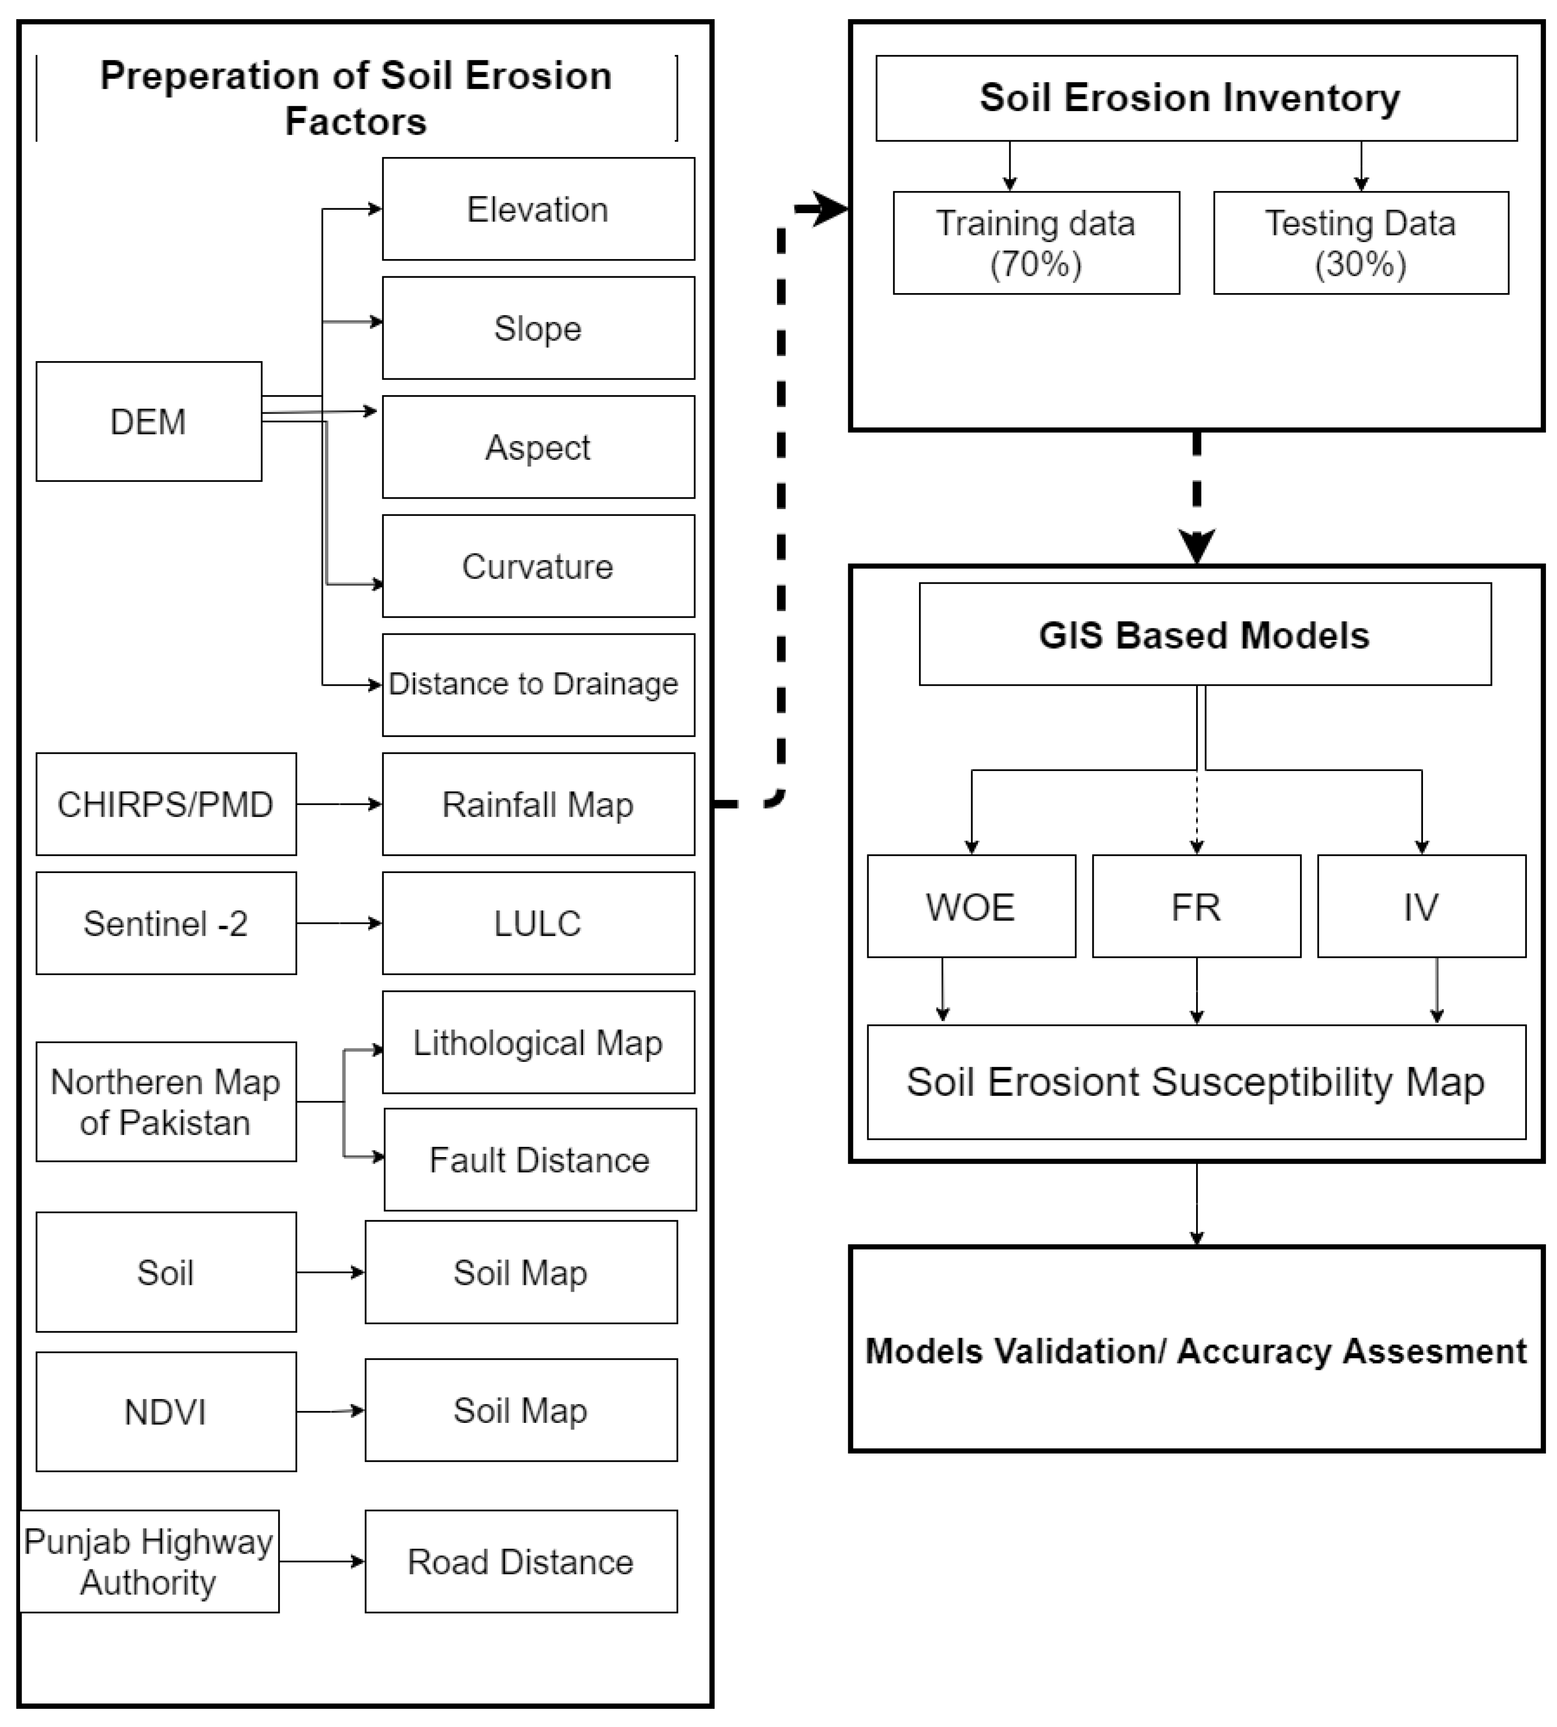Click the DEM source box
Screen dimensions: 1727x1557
coord(149,421)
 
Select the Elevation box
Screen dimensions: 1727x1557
coord(538,209)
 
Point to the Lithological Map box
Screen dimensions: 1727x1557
coord(538,1042)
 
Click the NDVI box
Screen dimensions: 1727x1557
coord(166,1411)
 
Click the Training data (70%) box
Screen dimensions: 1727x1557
coord(1036,243)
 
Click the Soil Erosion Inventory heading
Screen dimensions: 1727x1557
coord(1189,98)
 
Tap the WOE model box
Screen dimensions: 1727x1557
coord(971,906)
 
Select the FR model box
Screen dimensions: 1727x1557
coord(1196,906)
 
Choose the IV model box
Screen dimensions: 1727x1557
coord(1421,906)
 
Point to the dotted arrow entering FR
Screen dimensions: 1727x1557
coord(1197,813)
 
